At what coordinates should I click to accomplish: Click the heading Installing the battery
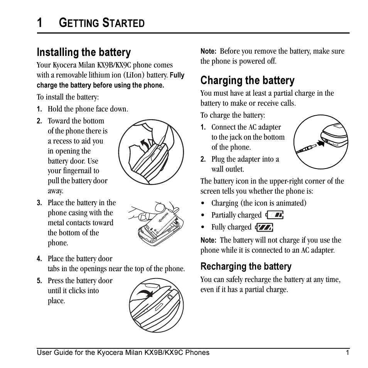(84, 52)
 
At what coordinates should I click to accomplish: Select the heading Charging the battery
(247, 80)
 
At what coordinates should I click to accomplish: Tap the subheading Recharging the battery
(246, 267)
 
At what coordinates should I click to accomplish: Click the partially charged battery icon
(275, 215)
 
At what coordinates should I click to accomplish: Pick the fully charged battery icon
(264, 227)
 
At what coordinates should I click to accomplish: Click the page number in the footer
(347, 353)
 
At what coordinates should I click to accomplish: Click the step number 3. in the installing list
(39, 203)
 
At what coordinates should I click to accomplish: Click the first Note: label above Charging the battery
(208, 51)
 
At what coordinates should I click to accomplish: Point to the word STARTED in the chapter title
(123, 23)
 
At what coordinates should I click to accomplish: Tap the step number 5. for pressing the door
(39, 281)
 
